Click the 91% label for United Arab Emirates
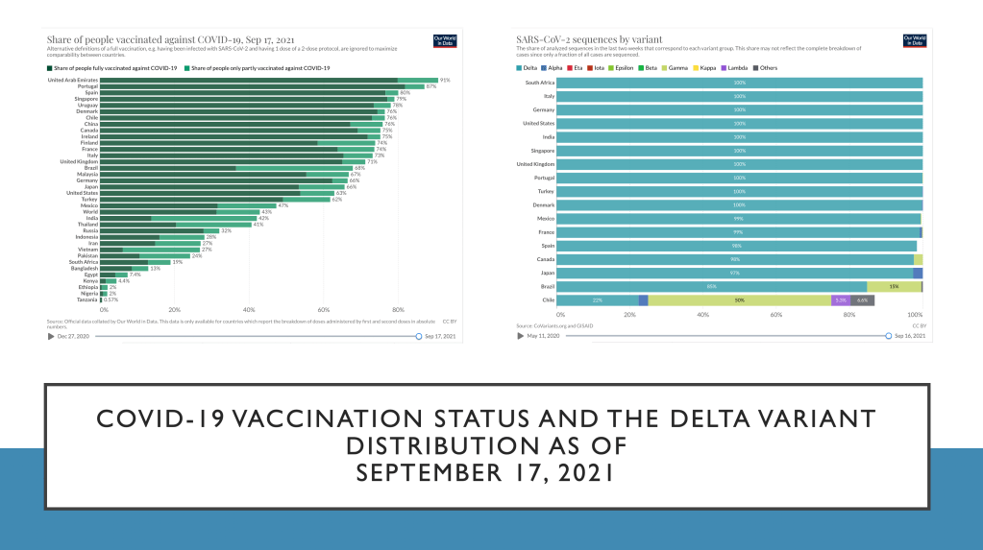[444, 81]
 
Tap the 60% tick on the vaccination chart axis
[324, 310]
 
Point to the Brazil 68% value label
[358, 168]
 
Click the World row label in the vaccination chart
[91, 211]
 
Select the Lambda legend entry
[737, 68]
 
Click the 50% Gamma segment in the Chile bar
[740, 300]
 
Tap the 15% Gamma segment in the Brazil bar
[894, 287]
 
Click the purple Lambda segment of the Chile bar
[841, 300]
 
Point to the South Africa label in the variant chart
[540, 83]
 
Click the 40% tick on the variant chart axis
[702, 315]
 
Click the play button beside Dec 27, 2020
[51, 337]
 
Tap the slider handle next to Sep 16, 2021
[889, 337]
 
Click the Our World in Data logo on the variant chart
[914, 41]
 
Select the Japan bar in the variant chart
[735, 274]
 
